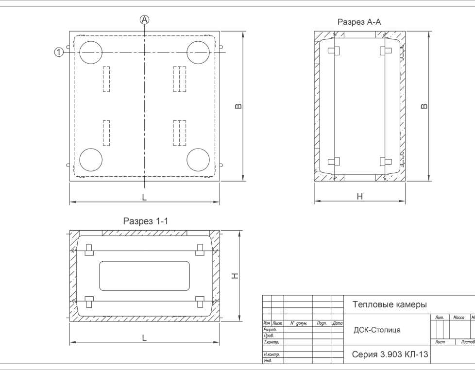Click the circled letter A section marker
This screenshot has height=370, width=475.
point(145,20)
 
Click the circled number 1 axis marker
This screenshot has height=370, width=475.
point(59,52)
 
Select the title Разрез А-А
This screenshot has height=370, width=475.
point(359,22)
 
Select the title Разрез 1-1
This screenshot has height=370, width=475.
point(145,221)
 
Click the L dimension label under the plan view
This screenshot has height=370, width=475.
point(144,198)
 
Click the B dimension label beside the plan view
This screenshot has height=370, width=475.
point(238,106)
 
